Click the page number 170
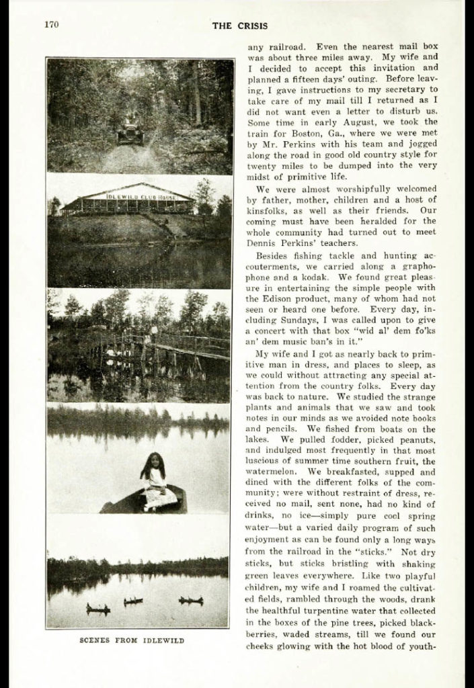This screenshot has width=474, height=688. tap(52, 26)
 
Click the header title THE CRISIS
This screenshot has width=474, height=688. tap(239, 26)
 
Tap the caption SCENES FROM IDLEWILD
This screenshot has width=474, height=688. tap(132, 640)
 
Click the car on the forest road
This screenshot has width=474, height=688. tap(130, 133)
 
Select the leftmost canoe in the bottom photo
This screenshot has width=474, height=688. tap(97, 609)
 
